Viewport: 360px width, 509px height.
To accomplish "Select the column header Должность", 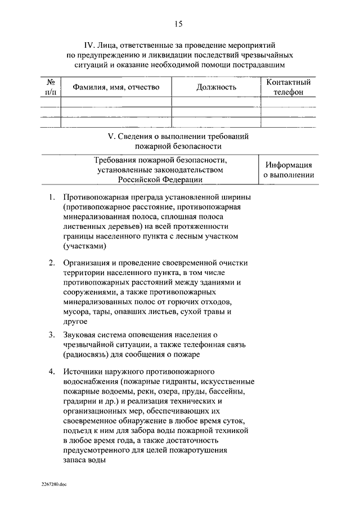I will click(217, 87).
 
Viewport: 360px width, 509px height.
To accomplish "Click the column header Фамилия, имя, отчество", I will click(116, 87).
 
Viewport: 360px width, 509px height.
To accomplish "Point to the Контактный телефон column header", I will click(288, 87).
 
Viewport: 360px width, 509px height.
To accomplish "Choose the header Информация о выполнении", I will click(289, 170).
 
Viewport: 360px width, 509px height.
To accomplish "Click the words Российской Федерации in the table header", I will click(160, 180).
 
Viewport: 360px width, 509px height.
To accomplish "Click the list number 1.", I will click(51, 197).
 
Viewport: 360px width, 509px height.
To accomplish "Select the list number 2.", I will click(51, 262).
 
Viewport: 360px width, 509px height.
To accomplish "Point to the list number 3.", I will click(51, 335).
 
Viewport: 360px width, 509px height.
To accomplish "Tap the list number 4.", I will click(51, 372).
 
